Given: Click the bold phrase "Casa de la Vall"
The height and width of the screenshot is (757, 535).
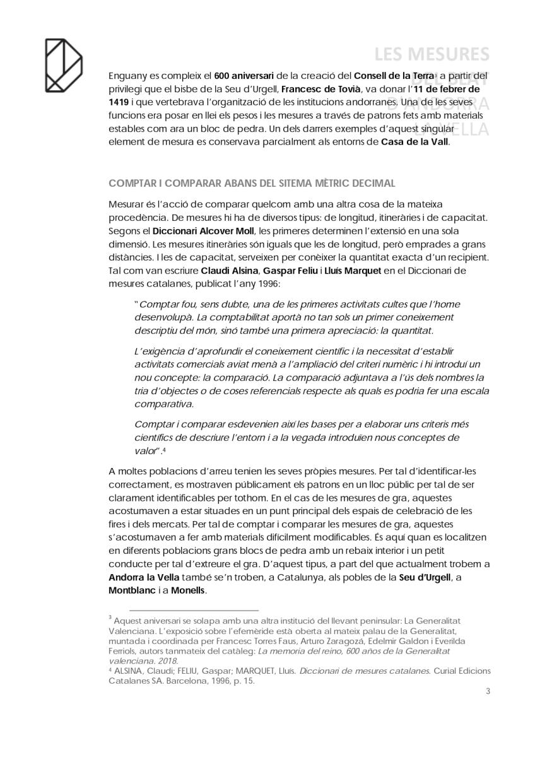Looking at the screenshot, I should pyautogui.click(x=415, y=142).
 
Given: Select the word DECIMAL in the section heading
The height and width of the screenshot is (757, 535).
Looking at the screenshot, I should pyautogui.click(x=372, y=184).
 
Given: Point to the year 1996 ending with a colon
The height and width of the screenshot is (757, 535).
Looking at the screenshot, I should pyautogui.click(x=262, y=283).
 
